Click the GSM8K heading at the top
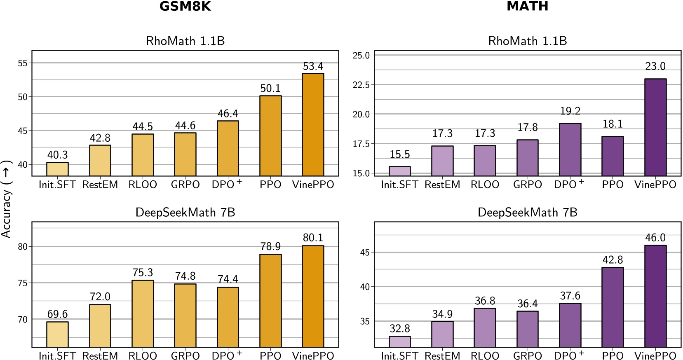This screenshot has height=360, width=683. click(x=185, y=6)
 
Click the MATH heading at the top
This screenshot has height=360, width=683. click(x=527, y=6)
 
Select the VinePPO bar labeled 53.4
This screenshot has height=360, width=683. click(x=313, y=124)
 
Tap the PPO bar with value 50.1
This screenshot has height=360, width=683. click(x=270, y=136)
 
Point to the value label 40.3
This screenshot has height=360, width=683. click(x=57, y=155)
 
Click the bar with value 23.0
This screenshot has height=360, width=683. click(x=655, y=127)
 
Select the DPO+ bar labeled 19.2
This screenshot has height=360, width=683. click(x=570, y=149)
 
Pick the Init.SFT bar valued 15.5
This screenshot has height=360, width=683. click(x=399, y=171)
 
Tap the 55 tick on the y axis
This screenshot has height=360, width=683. click(x=23, y=63)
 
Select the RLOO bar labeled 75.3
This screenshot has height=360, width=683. click(x=143, y=313)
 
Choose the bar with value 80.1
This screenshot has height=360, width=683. click(x=313, y=296)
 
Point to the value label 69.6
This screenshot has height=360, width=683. click(x=57, y=314)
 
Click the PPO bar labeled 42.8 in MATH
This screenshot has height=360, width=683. click(x=613, y=307)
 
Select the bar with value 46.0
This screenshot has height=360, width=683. click(x=655, y=296)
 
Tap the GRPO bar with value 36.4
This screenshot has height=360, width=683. click(x=527, y=329)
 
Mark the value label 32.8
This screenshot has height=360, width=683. click(x=399, y=328)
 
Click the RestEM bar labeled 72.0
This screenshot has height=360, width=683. click(x=100, y=325)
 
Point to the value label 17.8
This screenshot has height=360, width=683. click(x=527, y=127)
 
